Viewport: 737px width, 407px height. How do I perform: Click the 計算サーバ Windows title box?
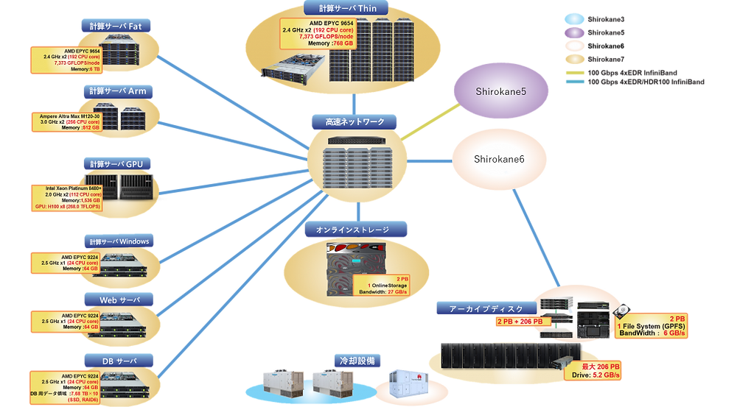pyautogui.click(x=119, y=241)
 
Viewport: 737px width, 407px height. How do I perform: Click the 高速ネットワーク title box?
pyautogui.click(x=354, y=121)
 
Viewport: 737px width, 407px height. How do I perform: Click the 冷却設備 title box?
pyautogui.click(x=356, y=361)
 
